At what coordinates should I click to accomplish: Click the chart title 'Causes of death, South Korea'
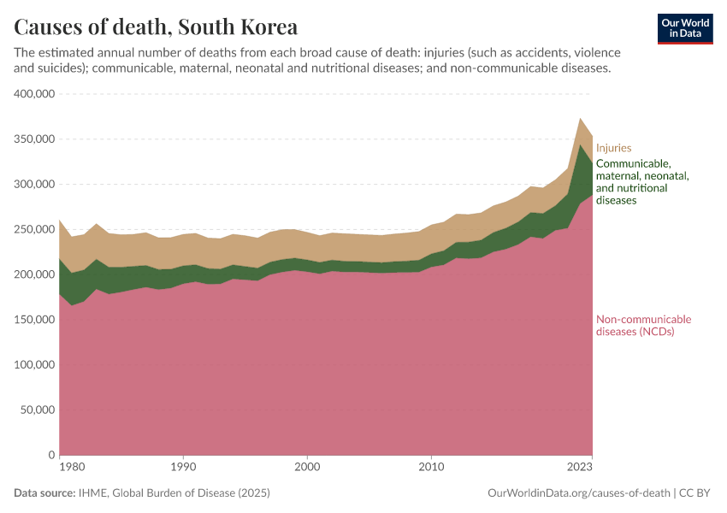click(156, 26)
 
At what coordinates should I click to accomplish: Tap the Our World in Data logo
click(685, 28)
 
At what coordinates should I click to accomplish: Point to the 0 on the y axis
click(52, 456)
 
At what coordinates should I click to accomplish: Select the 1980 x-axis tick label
click(72, 468)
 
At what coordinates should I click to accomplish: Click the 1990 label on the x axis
click(182, 468)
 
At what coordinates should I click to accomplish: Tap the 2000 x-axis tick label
click(307, 468)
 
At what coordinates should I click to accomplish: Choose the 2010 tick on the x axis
click(432, 468)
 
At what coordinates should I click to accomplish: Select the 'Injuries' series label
click(613, 148)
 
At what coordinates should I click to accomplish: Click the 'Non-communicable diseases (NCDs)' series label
click(643, 326)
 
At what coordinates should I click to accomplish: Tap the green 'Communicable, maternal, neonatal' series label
click(641, 181)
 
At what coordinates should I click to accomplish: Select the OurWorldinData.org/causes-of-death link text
click(578, 493)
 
